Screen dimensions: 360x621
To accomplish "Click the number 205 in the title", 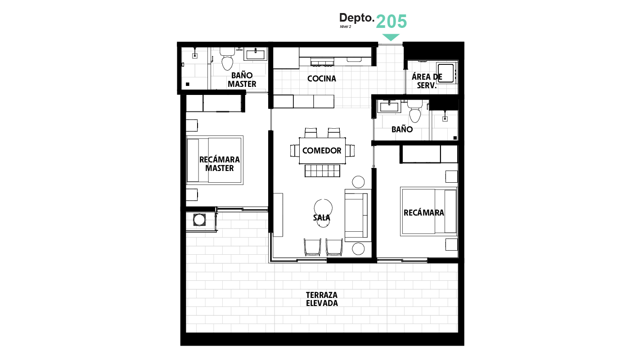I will (x=391, y=22).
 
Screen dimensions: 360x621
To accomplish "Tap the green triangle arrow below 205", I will (x=391, y=37).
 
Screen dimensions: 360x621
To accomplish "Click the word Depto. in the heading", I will (x=356, y=18).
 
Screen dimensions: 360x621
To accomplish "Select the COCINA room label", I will (x=322, y=79).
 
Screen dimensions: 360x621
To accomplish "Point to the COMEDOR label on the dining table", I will (x=322, y=150).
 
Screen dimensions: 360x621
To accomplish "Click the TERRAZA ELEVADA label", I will (x=322, y=299).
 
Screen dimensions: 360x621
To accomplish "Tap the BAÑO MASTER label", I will (x=242, y=80).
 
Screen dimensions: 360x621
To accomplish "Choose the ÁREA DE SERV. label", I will (x=427, y=81).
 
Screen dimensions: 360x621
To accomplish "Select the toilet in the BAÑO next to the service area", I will (x=415, y=112).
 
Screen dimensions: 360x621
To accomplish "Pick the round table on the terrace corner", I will (x=199, y=220).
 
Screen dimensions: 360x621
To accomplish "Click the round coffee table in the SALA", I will (x=323, y=208).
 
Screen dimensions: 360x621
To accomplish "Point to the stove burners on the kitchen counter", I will (x=322, y=62).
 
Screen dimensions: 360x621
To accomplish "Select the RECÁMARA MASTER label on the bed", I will (x=219, y=164).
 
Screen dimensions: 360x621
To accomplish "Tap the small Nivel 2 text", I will (x=346, y=27).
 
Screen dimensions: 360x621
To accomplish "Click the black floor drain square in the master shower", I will (x=188, y=84).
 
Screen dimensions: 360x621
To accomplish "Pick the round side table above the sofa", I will (x=358, y=182).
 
